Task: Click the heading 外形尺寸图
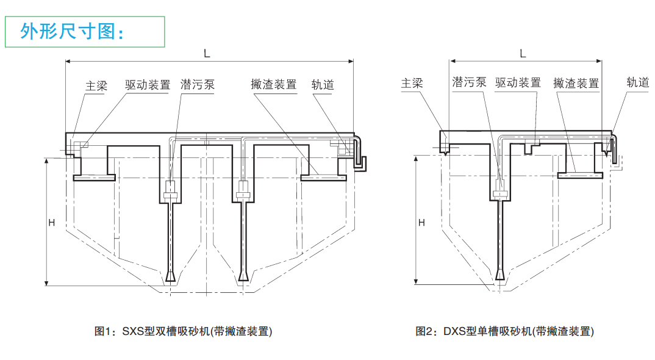click(72, 31)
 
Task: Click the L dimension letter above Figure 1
click(207, 54)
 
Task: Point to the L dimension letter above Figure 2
click(523, 54)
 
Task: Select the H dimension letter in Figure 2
click(421, 223)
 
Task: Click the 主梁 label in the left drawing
click(96, 85)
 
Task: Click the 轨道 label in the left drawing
click(323, 85)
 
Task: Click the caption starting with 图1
click(183, 331)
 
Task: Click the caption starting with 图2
click(504, 331)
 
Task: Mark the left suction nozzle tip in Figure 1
click(171, 278)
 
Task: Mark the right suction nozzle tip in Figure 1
click(243, 278)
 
